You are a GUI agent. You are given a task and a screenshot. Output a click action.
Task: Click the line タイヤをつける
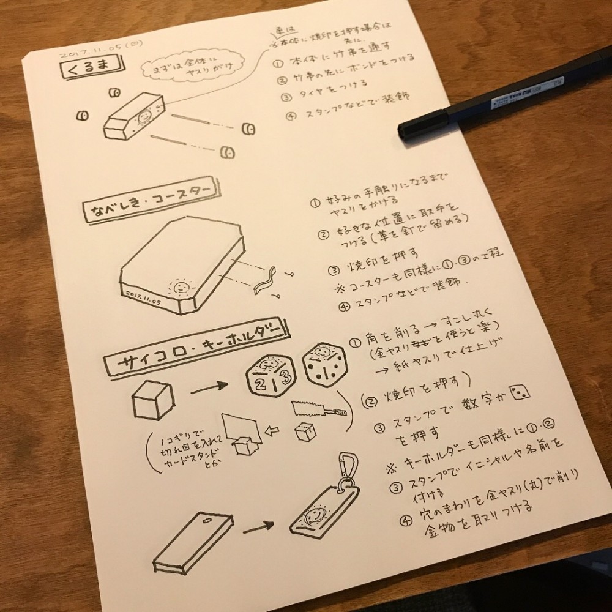tap(334, 82)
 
